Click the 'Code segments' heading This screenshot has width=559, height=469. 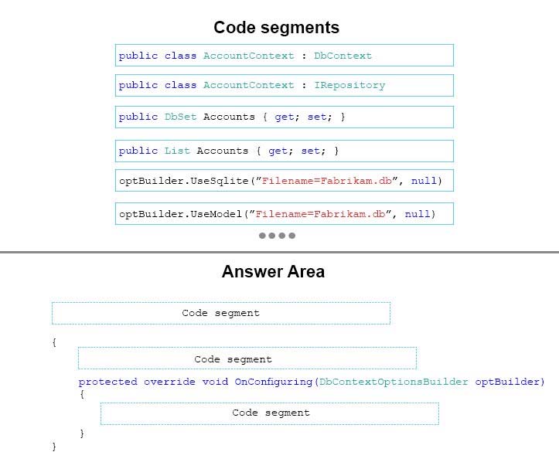(x=276, y=28)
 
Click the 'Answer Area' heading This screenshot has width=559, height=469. (x=273, y=271)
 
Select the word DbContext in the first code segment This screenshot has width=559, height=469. (x=343, y=56)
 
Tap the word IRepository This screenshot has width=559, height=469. (x=349, y=86)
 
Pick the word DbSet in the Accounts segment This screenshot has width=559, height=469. (x=180, y=117)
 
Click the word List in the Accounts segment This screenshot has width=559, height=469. (x=177, y=151)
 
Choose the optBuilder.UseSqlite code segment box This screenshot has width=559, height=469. (x=284, y=181)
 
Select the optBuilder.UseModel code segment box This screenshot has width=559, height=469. (x=284, y=214)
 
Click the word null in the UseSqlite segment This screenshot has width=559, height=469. (x=424, y=181)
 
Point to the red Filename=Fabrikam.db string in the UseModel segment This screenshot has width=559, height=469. (x=320, y=214)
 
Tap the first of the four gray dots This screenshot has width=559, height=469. (x=262, y=236)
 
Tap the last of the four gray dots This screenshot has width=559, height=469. (x=292, y=236)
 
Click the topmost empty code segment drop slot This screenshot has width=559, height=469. (x=221, y=313)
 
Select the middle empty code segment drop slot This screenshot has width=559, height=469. (x=247, y=359)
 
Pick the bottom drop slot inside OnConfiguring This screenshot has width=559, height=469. (x=270, y=413)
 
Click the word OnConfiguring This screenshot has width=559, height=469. (x=274, y=382)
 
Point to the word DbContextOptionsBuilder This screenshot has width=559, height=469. (x=394, y=382)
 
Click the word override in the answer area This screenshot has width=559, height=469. (x=169, y=382)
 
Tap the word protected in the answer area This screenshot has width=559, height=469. (x=107, y=382)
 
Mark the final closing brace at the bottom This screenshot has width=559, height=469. (x=54, y=447)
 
